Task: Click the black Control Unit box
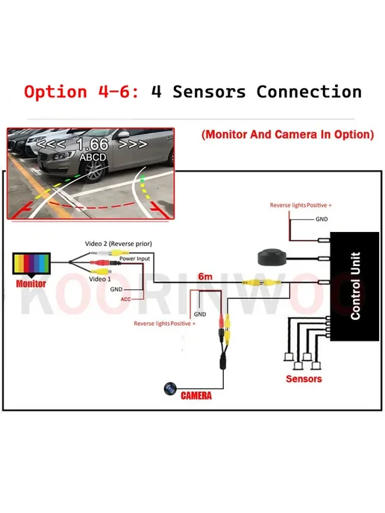pos(354,286)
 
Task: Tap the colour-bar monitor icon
pos(31,264)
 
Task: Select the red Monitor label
pos(31,283)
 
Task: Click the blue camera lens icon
pos(170,388)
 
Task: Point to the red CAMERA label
pos(196,395)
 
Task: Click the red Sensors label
pos(304,379)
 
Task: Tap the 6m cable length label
pos(205,277)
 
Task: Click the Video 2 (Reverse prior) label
pos(119,244)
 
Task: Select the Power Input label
pos(134,259)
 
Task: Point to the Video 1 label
pos(100,279)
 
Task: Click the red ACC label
pos(125,299)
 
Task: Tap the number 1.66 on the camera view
pos(93,144)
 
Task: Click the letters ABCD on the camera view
pos(93,157)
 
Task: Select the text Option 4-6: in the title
pos(82,92)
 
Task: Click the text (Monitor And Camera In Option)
pos(288,134)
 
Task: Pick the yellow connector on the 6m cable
pos(261,282)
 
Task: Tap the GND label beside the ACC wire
pos(116,289)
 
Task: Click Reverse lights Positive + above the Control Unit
pos(301,205)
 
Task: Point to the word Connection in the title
pos(309,92)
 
